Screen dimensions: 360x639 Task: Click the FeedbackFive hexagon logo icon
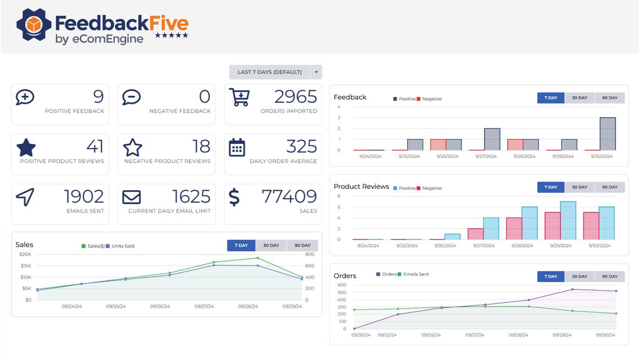(34, 25)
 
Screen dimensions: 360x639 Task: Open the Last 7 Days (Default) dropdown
(316, 72)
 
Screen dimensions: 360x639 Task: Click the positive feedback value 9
(98, 97)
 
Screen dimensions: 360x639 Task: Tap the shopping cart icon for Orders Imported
(239, 97)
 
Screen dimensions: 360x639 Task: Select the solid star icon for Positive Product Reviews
(26, 148)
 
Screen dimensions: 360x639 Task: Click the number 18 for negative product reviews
(201, 146)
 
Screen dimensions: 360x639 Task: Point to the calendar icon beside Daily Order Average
(237, 148)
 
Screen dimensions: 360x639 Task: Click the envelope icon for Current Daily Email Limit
(132, 197)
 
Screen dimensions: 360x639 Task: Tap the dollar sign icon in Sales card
(234, 197)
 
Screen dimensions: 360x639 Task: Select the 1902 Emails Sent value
(84, 197)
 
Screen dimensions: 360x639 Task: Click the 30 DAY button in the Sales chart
(271, 246)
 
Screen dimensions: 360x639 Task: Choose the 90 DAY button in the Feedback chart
(610, 98)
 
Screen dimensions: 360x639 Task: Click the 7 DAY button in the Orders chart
(551, 276)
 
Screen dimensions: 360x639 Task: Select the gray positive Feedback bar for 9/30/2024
(608, 134)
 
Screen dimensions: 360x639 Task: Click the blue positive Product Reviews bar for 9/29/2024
(568, 221)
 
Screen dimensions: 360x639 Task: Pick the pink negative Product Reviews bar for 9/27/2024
(475, 234)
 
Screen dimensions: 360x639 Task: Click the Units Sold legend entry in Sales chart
(122, 246)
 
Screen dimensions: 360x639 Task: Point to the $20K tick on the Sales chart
(25, 254)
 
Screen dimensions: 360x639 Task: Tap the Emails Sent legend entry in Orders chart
(415, 274)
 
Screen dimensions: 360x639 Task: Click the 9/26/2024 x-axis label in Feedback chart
(447, 156)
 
